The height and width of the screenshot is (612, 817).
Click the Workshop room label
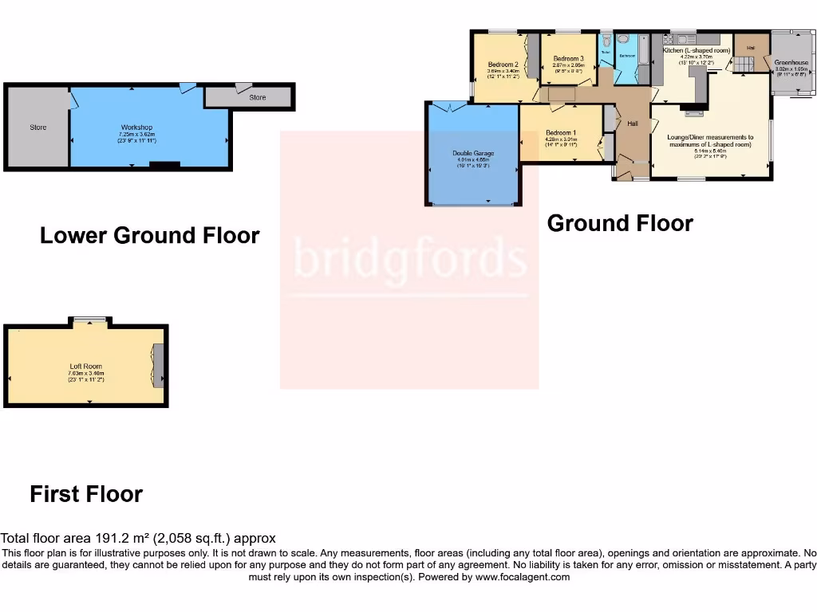coord(136,127)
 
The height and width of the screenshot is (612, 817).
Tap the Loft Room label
coord(85,367)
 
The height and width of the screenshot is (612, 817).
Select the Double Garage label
coord(473,153)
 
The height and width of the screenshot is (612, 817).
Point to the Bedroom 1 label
coord(560,132)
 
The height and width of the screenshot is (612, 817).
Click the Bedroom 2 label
coord(503,65)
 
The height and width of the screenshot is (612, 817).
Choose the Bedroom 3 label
coord(568,58)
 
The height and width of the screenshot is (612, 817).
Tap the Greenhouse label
coord(791,62)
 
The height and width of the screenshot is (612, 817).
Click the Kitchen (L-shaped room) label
coord(697,50)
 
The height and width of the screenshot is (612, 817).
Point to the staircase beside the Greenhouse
coord(743,63)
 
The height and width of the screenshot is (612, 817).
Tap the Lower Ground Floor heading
coord(149,236)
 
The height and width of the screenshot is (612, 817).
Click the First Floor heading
coord(86,494)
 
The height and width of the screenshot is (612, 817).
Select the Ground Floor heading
coord(620,223)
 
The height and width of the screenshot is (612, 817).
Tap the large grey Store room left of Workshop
coord(37,127)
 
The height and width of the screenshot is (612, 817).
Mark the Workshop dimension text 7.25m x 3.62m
coord(136,135)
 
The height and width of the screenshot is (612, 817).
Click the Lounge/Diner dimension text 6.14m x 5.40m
coord(710,151)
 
